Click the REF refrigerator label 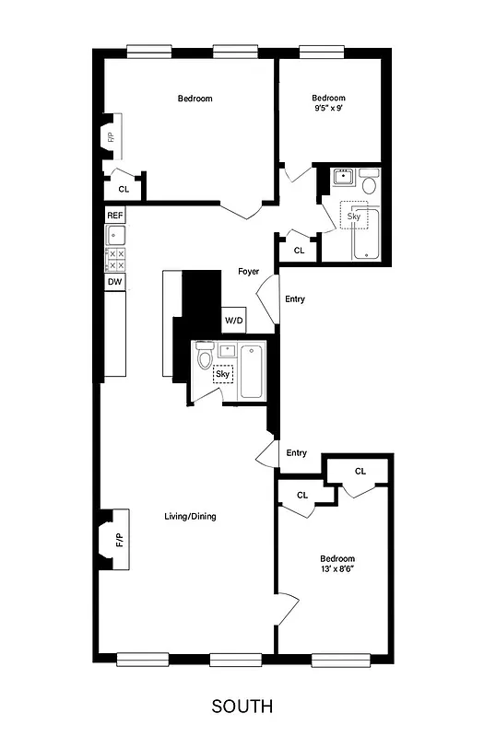[115, 215]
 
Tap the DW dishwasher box [115, 282]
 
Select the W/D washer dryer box [234, 321]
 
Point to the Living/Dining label [190, 516]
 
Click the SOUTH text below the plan [242, 707]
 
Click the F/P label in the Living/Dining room [119, 540]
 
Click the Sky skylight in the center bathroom [223, 374]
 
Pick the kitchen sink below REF [115, 235]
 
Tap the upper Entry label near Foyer [296, 298]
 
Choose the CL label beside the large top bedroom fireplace [124, 188]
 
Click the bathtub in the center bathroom [251, 372]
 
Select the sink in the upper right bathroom [343, 178]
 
